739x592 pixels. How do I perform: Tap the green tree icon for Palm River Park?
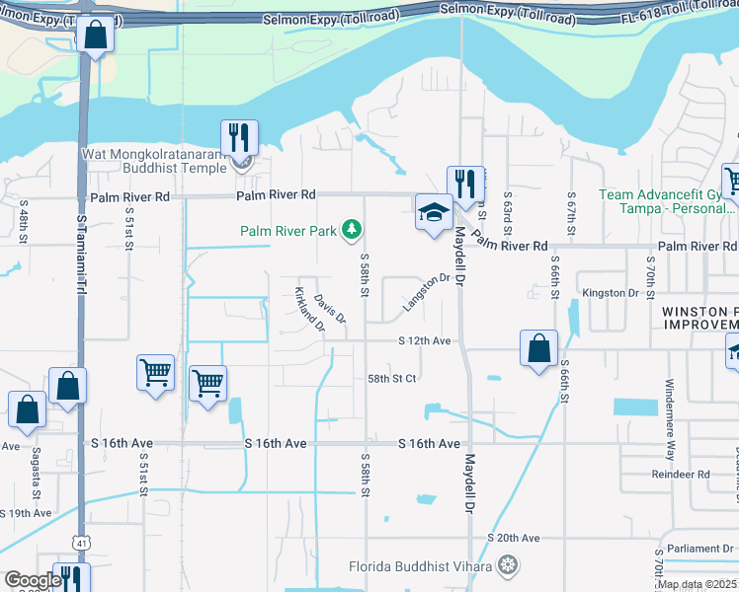coord(350,230)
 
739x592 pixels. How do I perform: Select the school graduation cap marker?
coord(433,212)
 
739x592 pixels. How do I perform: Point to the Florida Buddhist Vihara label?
coord(422,566)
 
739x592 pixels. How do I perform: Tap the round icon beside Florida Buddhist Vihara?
coord(508,565)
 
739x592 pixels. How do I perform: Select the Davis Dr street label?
coord(330,308)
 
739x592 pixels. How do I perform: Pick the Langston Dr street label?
coord(426,294)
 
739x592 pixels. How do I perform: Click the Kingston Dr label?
coord(611,293)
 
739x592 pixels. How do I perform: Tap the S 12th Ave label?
coord(425,340)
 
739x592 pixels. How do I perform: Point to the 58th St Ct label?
coord(392,378)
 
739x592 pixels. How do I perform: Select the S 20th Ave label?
coord(514,538)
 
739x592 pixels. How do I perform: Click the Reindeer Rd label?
coord(681,475)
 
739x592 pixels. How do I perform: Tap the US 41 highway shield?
coord(79,543)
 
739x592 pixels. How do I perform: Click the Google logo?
coord(33,580)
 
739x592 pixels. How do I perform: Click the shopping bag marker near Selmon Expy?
coord(95,36)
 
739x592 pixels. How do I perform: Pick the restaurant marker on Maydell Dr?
coord(464,184)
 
